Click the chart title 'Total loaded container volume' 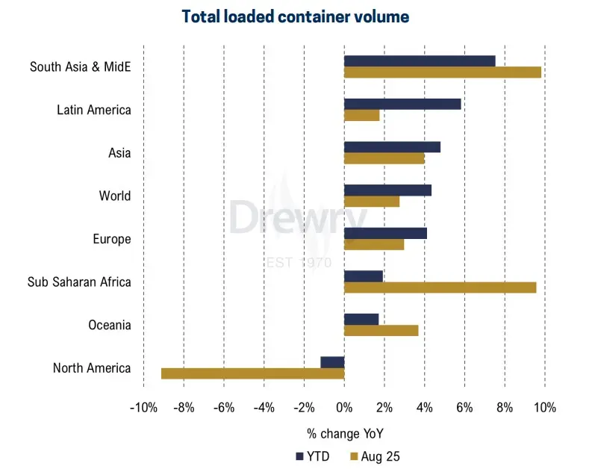point(296,16)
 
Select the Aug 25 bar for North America point(252,373)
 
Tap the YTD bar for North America point(332,362)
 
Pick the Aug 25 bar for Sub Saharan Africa point(440,288)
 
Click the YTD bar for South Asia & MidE point(420,61)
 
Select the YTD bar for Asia point(392,147)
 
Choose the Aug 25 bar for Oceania point(381,330)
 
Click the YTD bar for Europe point(385,233)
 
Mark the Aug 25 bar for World point(372,202)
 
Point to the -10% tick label point(143,408)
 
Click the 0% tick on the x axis point(344,408)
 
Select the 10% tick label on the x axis point(545,408)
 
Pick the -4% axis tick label point(264,408)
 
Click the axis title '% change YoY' point(344,433)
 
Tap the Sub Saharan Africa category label point(79,282)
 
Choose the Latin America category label point(94,110)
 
